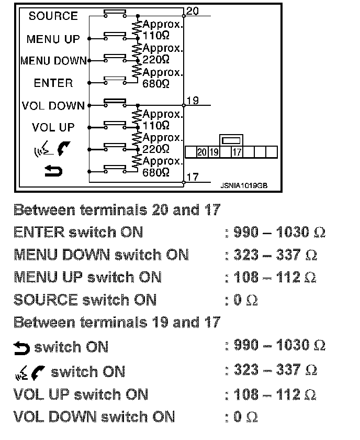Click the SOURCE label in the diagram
coord(53,16)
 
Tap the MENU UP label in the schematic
coord(53,39)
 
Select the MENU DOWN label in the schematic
coord(53,61)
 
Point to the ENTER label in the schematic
coord(53,83)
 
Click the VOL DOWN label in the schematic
coord(53,105)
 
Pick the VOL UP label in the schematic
coord(53,127)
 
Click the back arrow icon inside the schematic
coord(53,171)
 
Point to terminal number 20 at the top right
coord(192,11)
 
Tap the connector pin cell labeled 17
coord(237,152)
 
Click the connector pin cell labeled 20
coord(202,152)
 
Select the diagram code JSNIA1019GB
coord(243,184)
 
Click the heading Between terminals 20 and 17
coord(116,210)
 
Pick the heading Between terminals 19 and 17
coord(116,322)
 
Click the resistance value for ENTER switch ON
coord(279,233)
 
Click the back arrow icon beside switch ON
coord(22,347)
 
